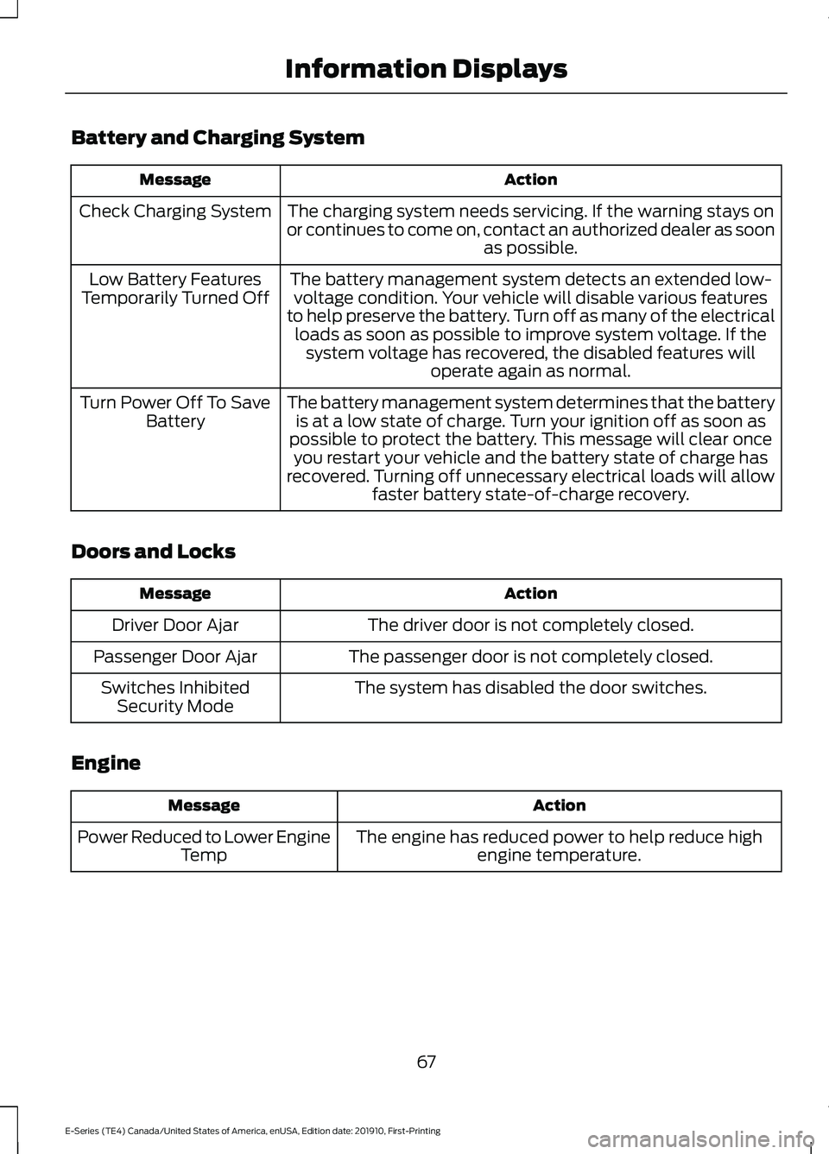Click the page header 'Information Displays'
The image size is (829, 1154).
(x=426, y=69)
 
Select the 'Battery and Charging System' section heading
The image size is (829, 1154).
(x=218, y=137)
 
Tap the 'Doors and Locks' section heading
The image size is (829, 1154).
(x=153, y=552)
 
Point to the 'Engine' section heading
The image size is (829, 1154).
(x=105, y=763)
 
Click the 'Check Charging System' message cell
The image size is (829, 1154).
(x=175, y=211)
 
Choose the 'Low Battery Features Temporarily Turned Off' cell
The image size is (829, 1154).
(x=175, y=288)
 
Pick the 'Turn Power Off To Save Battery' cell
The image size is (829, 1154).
(x=175, y=412)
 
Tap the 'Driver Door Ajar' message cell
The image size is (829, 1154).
(x=175, y=625)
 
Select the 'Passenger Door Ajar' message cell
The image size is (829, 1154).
(x=175, y=657)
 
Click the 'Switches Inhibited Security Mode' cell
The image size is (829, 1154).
(x=175, y=697)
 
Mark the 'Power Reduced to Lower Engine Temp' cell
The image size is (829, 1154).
(x=204, y=846)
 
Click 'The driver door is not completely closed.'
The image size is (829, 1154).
(x=530, y=625)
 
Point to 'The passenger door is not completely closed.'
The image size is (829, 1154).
(x=530, y=657)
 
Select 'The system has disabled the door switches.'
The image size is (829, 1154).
(x=530, y=688)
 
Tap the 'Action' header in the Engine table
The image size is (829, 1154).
(x=559, y=805)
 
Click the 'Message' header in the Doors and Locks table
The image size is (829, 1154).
(x=175, y=594)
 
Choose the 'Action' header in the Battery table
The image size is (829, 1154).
(x=530, y=180)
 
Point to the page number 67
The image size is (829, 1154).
(x=426, y=1062)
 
